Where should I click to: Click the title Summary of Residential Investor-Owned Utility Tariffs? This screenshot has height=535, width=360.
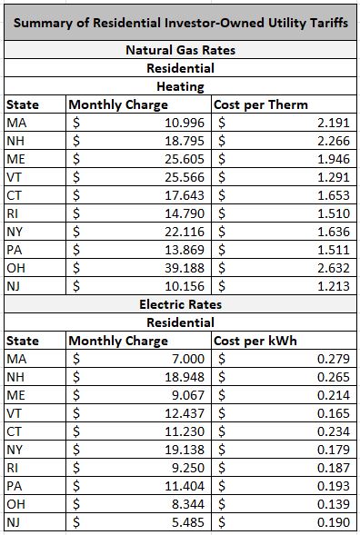click(180, 22)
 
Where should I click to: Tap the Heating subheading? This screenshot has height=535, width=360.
click(180, 86)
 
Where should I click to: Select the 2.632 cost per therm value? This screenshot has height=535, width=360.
click(333, 268)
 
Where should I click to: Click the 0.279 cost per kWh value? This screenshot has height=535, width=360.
click(333, 359)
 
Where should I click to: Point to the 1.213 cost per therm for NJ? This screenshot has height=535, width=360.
click(333, 286)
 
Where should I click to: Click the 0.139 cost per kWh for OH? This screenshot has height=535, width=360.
click(333, 504)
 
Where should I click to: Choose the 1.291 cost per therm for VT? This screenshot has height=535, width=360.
click(333, 177)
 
